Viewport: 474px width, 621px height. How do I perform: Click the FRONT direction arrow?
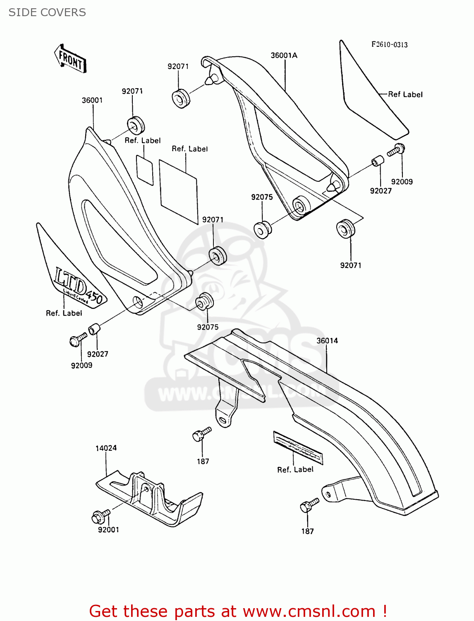click(x=70, y=59)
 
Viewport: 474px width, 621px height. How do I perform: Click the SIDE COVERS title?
click(x=47, y=12)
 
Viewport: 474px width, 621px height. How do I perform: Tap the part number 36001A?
click(x=284, y=55)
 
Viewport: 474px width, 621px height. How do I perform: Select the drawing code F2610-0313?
click(x=389, y=45)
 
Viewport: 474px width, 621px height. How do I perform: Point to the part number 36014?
click(x=327, y=341)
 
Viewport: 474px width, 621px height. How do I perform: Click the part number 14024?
click(x=106, y=448)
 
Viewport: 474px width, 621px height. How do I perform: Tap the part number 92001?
click(x=108, y=530)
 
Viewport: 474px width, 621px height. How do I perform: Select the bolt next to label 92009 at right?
click(x=396, y=149)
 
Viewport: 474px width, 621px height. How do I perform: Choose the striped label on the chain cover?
click(x=298, y=448)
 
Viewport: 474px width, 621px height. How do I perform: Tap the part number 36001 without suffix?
click(x=92, y=100)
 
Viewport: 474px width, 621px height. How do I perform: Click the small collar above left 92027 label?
click(x=94, y=330)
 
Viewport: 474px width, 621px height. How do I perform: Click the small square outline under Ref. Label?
click(x=145, y=170)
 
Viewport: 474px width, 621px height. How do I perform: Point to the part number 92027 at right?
click(x=381, y=191)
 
